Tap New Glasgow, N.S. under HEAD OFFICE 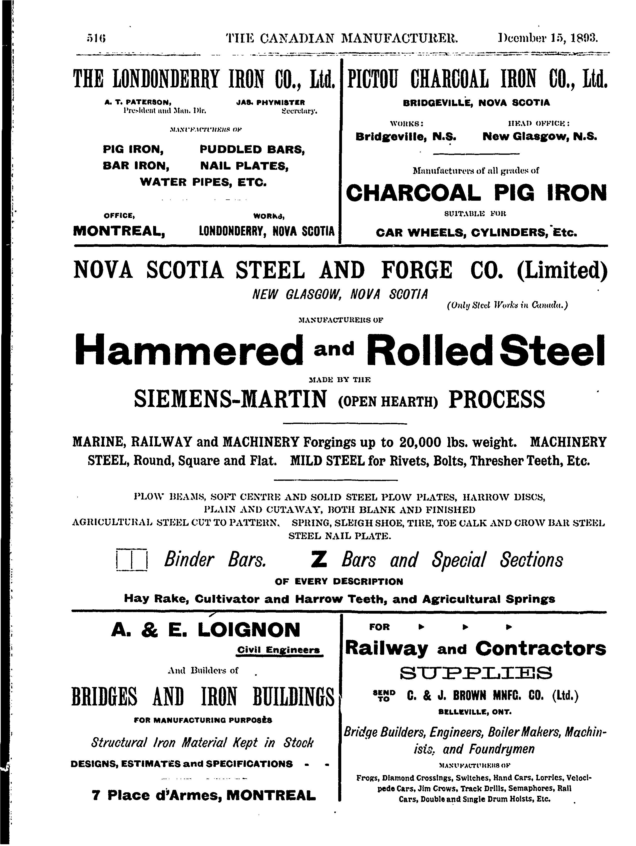[540, 137]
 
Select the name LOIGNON [249, 630]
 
